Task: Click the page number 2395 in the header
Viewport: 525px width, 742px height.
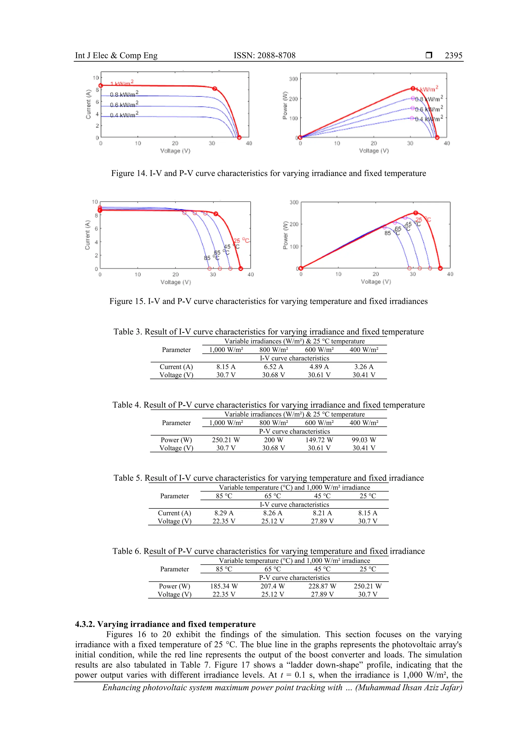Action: [453, 56]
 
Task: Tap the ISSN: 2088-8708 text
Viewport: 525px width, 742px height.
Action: [264, 56]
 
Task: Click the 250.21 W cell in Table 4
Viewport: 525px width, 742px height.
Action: [226, 440]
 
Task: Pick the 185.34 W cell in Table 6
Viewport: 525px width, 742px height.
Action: [224, 586]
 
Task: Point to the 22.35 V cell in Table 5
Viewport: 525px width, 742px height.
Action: [224, 521]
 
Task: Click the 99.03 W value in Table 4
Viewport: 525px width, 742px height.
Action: [364, 440]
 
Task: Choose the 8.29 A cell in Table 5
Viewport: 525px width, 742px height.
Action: [224, 513]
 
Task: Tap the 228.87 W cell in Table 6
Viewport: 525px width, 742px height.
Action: [322, 586]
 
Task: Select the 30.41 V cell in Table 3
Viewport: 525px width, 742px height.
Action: [364, 375]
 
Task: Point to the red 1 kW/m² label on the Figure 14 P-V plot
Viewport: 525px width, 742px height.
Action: [429, 89]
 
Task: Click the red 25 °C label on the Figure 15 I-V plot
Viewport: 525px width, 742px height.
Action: [241, 241]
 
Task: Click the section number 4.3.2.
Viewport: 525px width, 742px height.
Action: [85, 624]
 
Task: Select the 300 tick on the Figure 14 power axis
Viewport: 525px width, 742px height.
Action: [294, 79]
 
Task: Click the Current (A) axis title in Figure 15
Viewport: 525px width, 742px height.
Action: [87, 235]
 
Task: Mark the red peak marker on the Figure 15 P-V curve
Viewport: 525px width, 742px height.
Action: [416, 213]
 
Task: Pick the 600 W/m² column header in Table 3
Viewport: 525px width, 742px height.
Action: [319, 350]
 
